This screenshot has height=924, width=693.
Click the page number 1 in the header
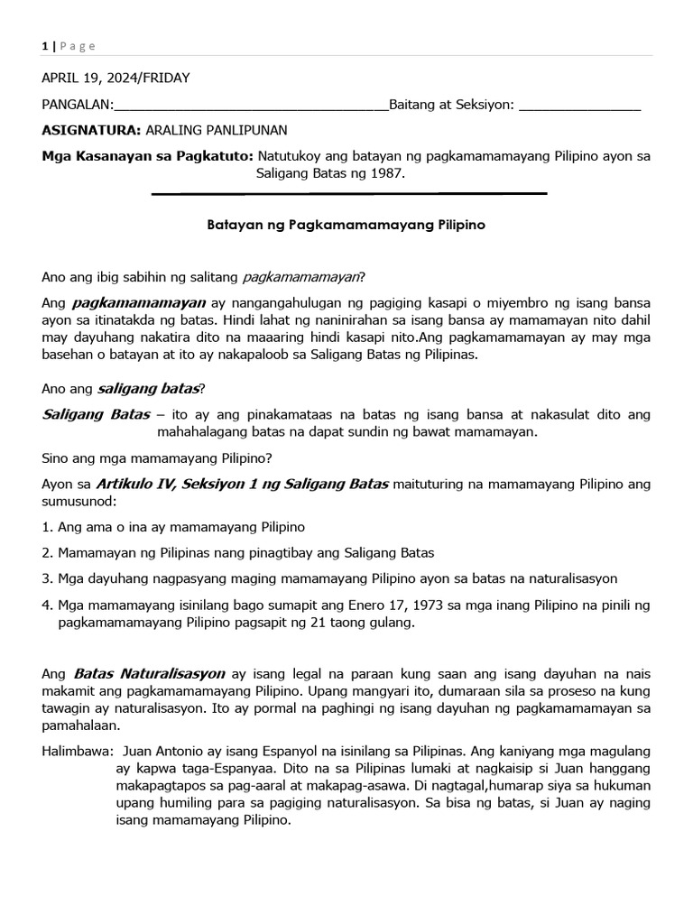click(45, 46)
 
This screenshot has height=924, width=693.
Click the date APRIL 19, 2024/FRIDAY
click(116, 78)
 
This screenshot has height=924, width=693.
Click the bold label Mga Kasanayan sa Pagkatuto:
click(148, 156)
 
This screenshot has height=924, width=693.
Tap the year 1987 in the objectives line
click(386, 172)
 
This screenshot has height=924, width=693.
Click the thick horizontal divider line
click(349, 193)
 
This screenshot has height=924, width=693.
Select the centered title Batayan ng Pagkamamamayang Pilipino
click(346, 225)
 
